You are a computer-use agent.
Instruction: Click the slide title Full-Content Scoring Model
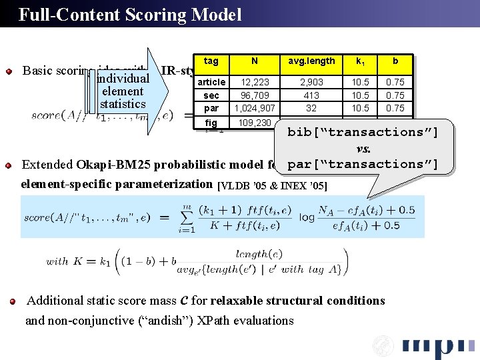pyautogui.click(x=130, y=15)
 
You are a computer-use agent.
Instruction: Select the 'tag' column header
pyautogui.click(x=211, y=61)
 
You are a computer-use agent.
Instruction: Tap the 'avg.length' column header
pyautogui.click(x=311, y=61)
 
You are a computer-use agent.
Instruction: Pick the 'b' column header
pyautogui.click(x=395, y=61)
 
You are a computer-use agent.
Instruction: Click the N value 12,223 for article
pyautogui.click(x=255, y=82)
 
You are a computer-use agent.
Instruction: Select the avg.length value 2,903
pyautogui.click(x=311, y=82)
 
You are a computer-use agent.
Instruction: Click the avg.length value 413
pyautogui.click(x=311, y=95)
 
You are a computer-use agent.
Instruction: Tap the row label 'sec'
pyautogui.click(x=211, y=95)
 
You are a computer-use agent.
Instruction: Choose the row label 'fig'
pyautogui.click(x=211, y=123)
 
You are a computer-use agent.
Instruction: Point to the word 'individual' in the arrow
pyautogui.click(x=122, y=79)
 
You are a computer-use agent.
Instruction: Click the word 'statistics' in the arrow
pyautogui.click(x=123, y=104)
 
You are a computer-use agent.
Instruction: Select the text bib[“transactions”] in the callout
pyautogui.click(x=363, y=132)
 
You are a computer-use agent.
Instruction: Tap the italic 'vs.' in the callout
pyautogui.click(x=363, y=148)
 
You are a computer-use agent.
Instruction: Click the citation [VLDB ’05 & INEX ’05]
pyautogui.click(x=273, y=186)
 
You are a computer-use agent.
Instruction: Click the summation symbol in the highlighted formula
pyautogui.click(x=185, y=219)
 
